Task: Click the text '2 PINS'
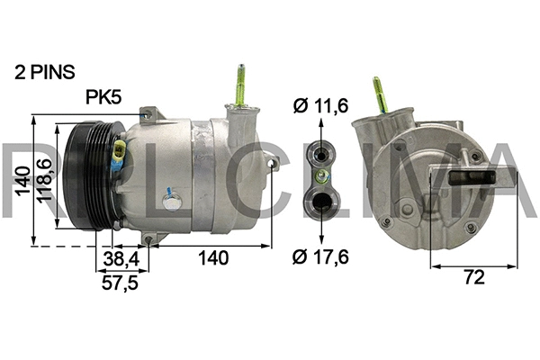[x=44, y=71]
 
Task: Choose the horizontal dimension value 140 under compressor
[x=212, y=258]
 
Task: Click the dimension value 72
[x=473, y=278]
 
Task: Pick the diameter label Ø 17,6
[x=322, y=257]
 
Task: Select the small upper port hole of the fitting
[x=321, y=151]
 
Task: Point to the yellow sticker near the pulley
[x=118, y=157]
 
